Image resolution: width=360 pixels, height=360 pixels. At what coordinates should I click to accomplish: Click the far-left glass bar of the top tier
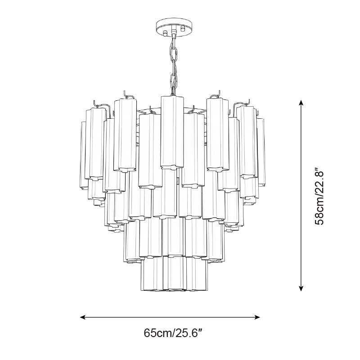[x=83, y=153]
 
